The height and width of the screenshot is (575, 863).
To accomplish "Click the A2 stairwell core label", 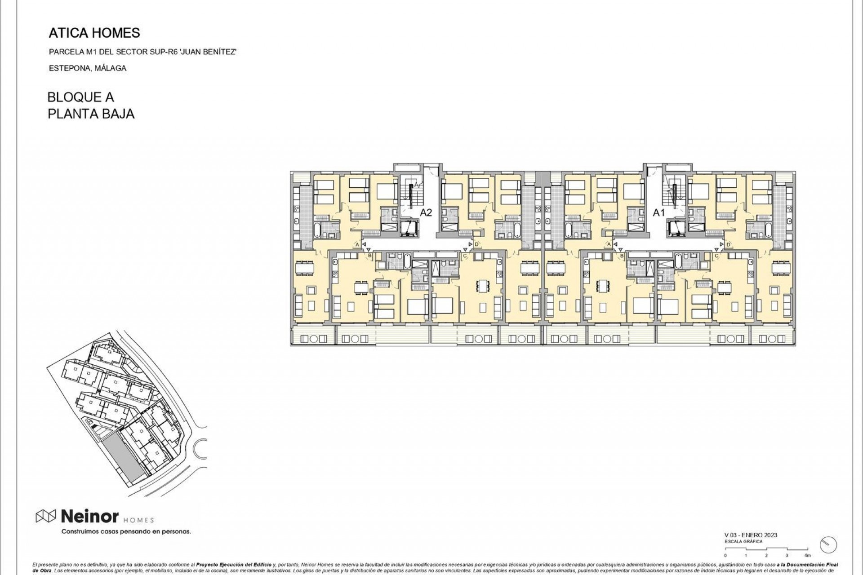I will (426, 212).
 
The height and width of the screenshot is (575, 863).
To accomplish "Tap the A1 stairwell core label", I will (658, 212).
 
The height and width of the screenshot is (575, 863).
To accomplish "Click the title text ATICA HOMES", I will (94, 33).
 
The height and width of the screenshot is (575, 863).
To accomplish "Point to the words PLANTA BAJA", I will (91, 114).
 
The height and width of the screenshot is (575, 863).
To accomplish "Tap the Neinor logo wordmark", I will (89, 517).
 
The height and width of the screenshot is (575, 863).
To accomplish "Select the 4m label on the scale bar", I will (807, 556).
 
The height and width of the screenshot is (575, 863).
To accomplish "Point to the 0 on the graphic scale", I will (725, 556).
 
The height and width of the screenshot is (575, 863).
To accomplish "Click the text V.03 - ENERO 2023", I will (751, 535).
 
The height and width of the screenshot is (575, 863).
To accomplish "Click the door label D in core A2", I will (476, 244).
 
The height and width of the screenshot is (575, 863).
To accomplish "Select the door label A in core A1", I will (609, 244).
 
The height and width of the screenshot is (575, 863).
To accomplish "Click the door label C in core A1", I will (716, 256).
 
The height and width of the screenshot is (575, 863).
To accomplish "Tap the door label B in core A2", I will (369, 256).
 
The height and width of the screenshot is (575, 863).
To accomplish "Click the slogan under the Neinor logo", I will (126, 532).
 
